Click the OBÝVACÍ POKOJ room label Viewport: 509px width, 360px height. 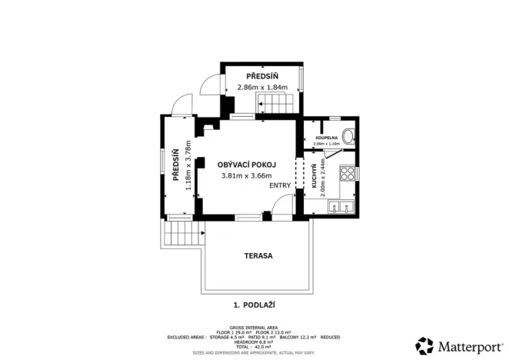coord(246,164)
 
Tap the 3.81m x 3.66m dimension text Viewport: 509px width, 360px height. coord(246,175)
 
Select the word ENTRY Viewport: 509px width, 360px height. coord(280,185)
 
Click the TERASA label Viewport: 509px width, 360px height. coord(259,255)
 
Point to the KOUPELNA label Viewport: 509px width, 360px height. coord(326,138)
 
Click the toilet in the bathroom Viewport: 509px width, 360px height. coord(348,137)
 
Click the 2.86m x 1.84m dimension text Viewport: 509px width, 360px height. coord(261,87)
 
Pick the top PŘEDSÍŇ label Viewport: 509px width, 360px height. coord(261,76)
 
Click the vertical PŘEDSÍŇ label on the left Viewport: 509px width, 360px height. coord(176,165)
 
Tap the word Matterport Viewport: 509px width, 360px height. coord(466,344)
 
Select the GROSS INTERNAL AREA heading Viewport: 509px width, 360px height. coord(254,327)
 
